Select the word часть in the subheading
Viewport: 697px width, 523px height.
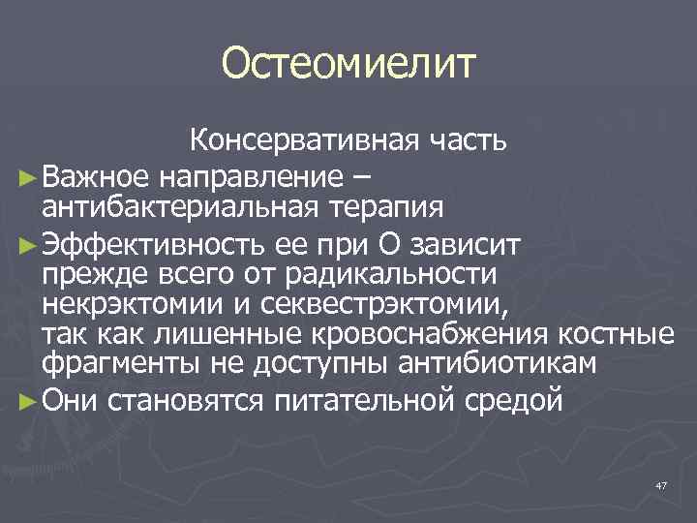click(x=471, y=144)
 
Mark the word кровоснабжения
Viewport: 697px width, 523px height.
click(x=424, y=336)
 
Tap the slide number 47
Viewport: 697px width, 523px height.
click(x=661, y=485)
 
